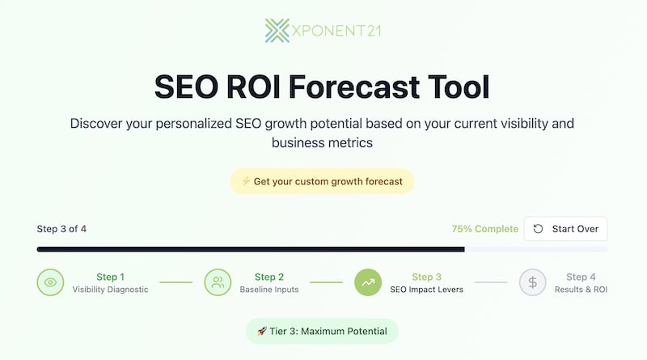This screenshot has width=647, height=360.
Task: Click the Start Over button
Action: click(565, 229)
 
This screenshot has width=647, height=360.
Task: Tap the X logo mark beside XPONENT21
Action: click(277, 31)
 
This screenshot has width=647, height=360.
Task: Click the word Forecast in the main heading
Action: click(354, 87)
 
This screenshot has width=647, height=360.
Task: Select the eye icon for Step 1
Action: click(50, 282)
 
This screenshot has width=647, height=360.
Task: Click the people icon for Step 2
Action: click(218, 282)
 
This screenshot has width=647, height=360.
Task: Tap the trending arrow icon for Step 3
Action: click(368, 282)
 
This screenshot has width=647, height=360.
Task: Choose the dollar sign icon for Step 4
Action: click(533, 282)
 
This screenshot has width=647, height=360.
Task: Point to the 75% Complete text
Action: click(484, 229)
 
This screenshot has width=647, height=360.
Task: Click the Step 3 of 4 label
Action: click(61, 229)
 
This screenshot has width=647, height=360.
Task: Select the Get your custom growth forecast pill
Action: click(322, 181)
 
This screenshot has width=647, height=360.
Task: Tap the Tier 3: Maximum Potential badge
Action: click(322, 331)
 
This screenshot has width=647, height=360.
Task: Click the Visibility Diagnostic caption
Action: click(110, 290)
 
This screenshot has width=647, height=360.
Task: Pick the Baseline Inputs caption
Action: click(269, 290)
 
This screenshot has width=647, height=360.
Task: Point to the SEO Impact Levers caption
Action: click(427, 290)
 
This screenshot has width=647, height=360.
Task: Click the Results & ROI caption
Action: click(581, 290)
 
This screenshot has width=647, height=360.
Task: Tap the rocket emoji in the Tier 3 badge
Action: click(262, 331)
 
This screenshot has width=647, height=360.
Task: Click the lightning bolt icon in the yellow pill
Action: click(246, 181)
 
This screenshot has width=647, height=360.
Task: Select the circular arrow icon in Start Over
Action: click(538, 229)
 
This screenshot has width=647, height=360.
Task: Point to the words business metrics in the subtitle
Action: click(322, 142)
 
